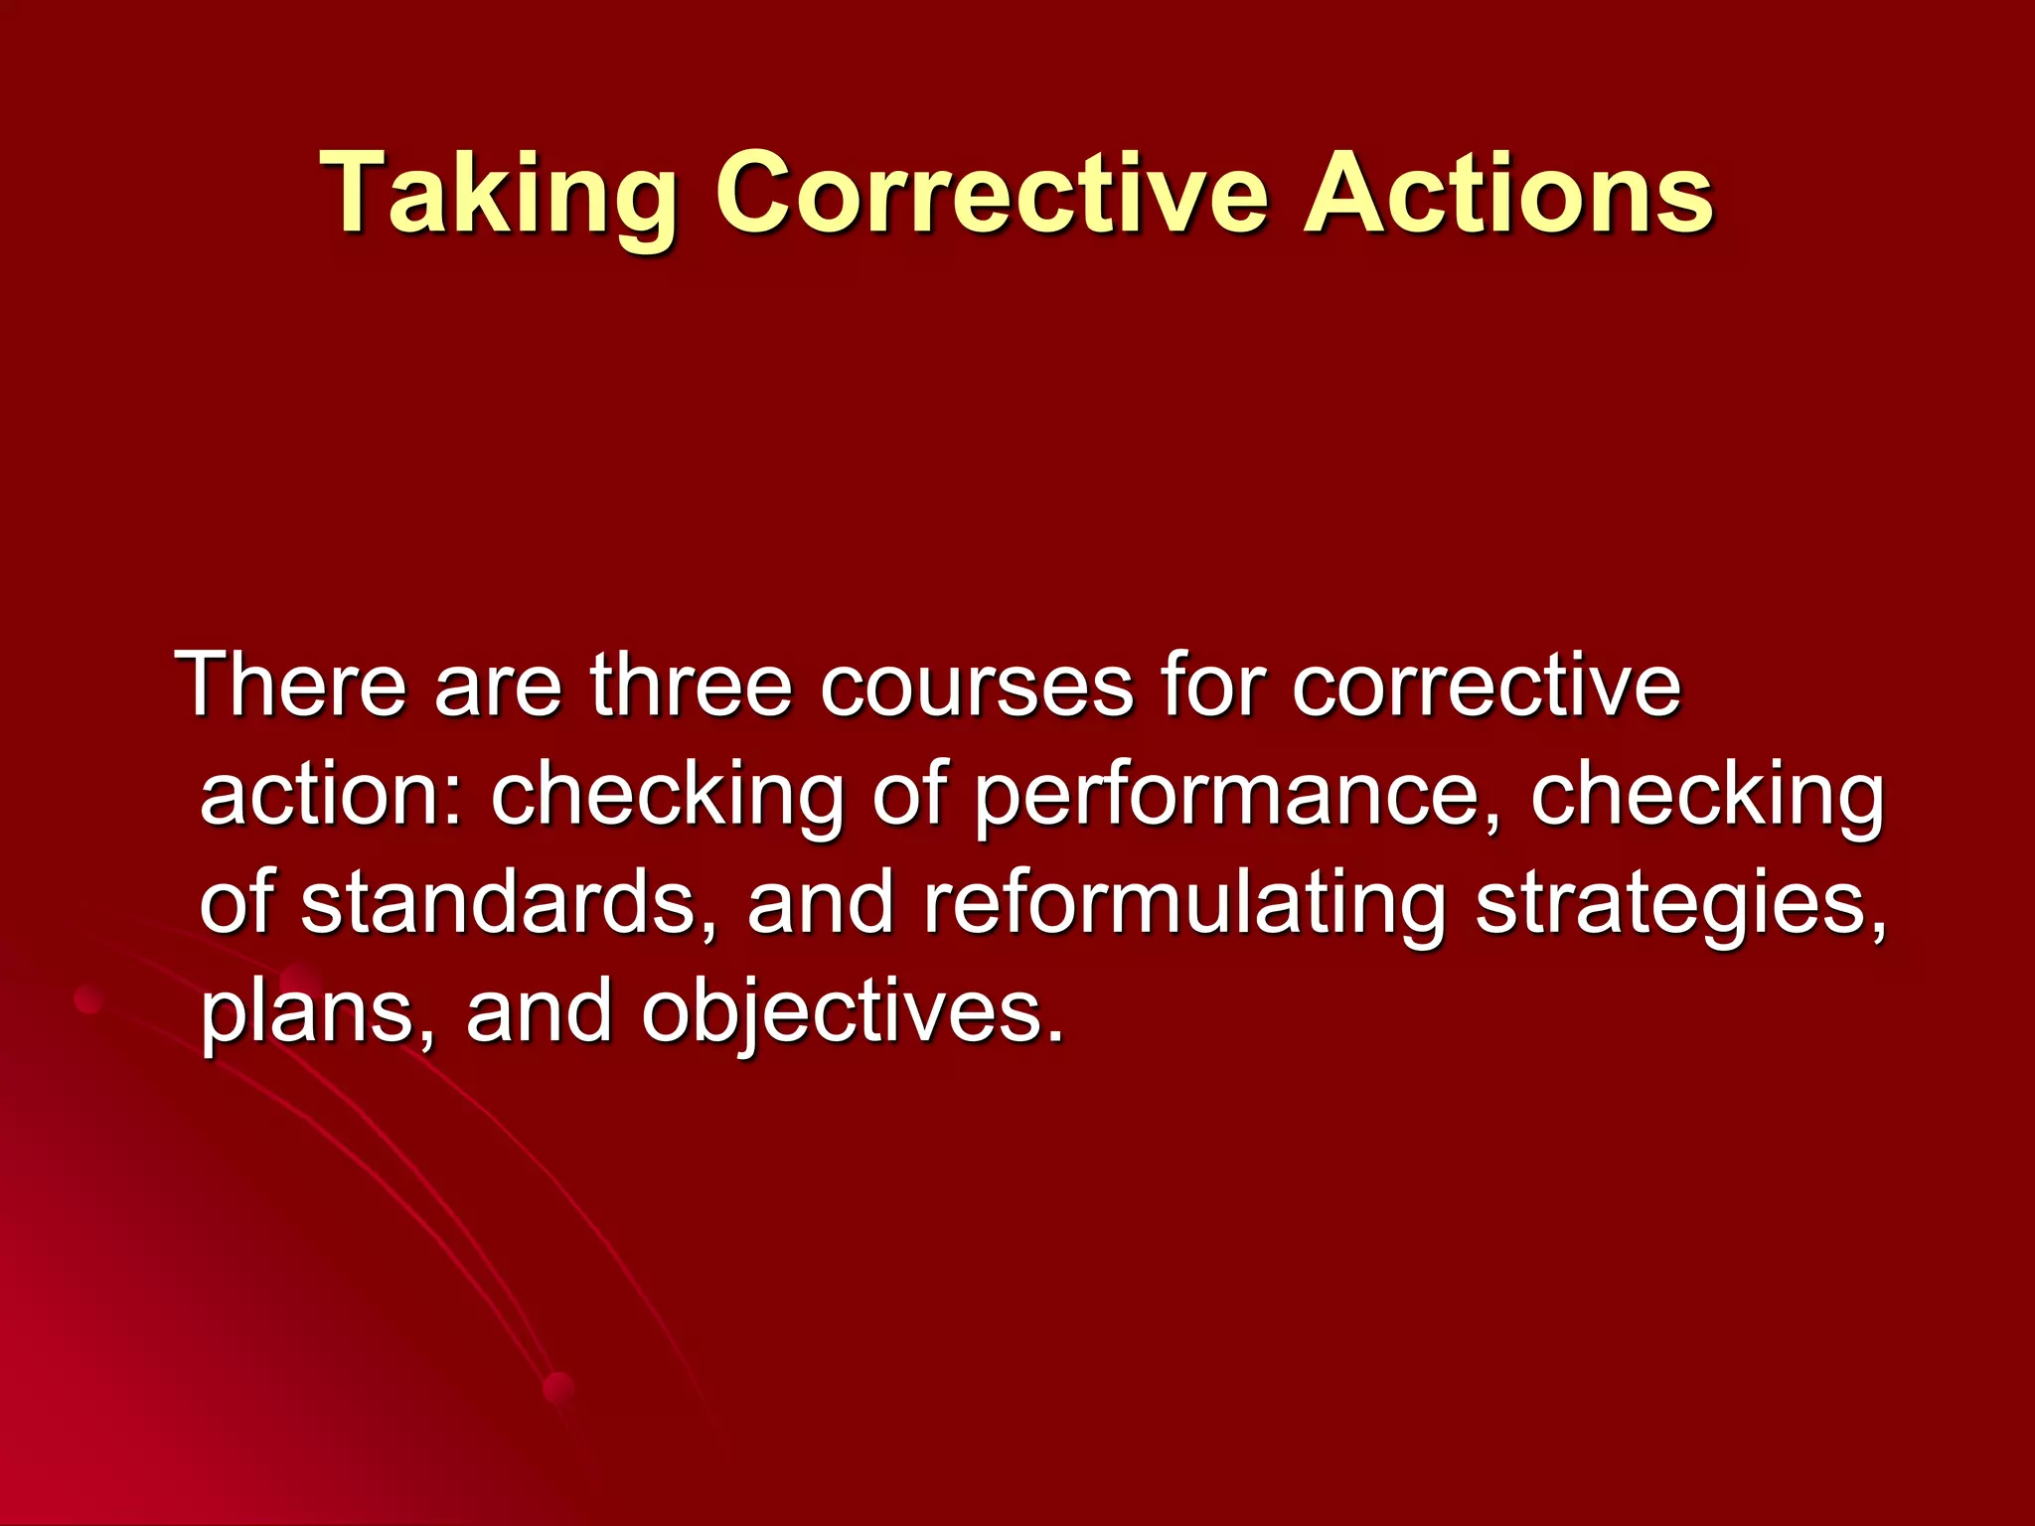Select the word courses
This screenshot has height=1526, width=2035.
click(x=976, y=687)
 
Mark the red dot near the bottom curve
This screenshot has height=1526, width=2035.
click(x=559, y=1387)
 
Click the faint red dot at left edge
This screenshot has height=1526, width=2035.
click(x=88, y=998)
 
